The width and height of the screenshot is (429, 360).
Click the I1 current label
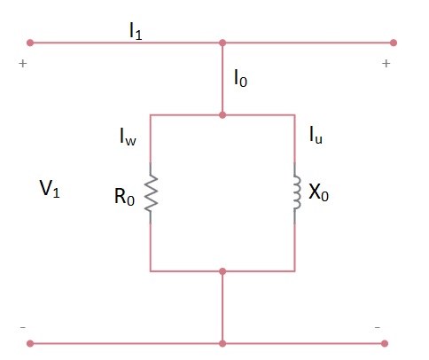[136, 31]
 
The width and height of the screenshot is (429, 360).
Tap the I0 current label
[240, 79]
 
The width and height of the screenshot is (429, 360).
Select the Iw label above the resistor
[129, 137]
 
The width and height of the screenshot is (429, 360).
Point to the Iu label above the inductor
[316, 135]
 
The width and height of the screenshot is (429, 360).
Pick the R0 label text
[124, 198]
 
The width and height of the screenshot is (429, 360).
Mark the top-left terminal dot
[30, 42]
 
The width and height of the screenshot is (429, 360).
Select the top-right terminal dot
[394, 42]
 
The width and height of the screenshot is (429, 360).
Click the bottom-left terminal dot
[30, 342]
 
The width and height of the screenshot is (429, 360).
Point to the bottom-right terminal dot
[394, 342]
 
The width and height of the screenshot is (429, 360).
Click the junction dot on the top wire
[222, 42]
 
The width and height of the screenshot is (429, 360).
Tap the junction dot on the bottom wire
[222, 342]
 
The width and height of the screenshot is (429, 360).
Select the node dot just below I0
[222, 114]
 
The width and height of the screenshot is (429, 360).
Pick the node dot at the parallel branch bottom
[222, 271]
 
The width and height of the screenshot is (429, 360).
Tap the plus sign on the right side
[386, 64]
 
